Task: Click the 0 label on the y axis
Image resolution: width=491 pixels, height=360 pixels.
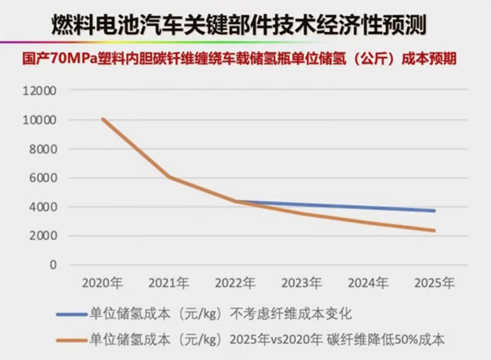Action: tap(53, 265)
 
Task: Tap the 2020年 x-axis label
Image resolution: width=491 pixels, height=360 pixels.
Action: tap(103, 284)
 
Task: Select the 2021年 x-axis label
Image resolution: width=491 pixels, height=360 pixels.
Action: tap(169, 284)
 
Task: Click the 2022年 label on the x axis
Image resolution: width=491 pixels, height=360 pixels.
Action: tap(235, 284)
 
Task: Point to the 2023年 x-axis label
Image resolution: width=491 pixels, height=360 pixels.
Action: tap(302, 284)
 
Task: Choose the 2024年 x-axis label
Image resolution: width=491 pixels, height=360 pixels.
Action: tap(368, 284)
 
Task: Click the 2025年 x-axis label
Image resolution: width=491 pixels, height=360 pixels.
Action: tap(435, 284)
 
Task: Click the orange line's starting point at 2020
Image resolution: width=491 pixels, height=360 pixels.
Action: tap(103, 120)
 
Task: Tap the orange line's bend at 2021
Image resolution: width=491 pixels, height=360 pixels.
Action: tap(169, 178)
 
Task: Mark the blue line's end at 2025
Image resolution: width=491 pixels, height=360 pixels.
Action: tap(435, 210)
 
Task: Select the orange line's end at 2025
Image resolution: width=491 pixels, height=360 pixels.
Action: tap(435, 231)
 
